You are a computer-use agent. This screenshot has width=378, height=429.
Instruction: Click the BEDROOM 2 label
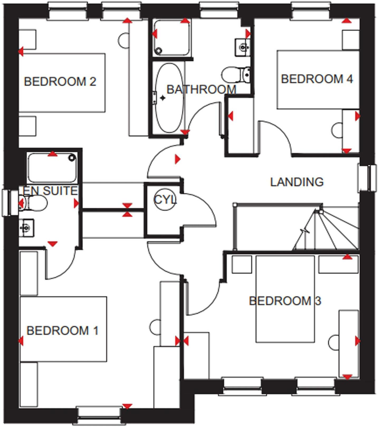point(60,81)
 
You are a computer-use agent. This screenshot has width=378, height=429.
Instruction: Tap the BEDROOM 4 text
point(317,79)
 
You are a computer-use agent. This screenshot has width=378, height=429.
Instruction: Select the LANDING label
point(297,182)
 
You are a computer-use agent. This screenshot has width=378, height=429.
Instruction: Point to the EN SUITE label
point(50,191)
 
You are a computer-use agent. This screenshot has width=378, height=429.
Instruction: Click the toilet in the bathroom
point(236,75)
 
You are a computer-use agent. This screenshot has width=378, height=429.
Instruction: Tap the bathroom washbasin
point(242,48)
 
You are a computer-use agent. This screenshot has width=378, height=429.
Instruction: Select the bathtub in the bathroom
point(169,98)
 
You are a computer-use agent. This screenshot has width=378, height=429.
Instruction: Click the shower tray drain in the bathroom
point(159,50)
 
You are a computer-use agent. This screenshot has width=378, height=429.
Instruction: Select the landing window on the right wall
point(367,178)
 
